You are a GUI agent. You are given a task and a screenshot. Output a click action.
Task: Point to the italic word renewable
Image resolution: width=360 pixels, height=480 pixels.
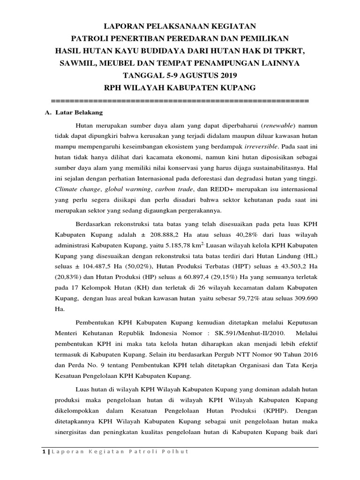click(x=278, y=126)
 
